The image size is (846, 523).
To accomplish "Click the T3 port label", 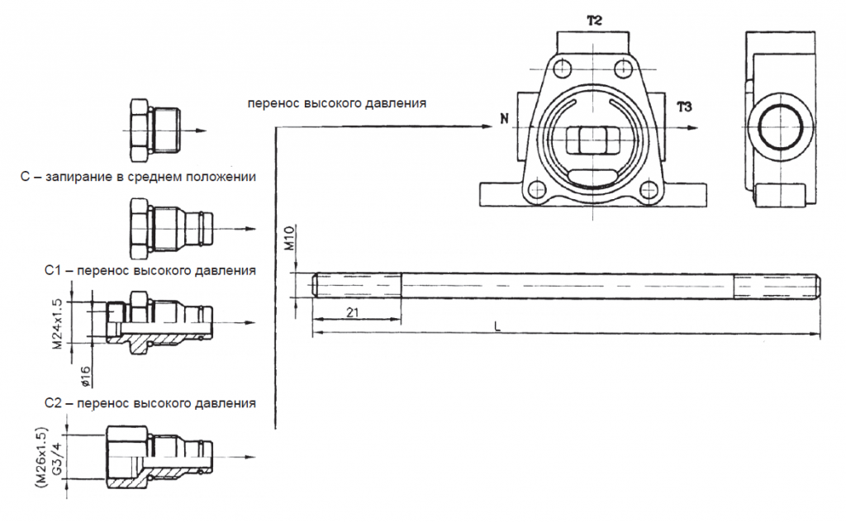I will coord(684,107).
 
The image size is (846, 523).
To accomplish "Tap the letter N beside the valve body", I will coord(503,120).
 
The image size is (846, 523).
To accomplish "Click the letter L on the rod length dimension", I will coord(497,326).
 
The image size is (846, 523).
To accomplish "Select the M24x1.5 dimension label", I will coord(58,325).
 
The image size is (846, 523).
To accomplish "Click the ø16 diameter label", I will coord(88,375).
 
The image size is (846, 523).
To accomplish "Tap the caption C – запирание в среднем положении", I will coord(137,177).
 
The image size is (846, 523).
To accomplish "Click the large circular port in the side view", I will coord(777,130).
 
